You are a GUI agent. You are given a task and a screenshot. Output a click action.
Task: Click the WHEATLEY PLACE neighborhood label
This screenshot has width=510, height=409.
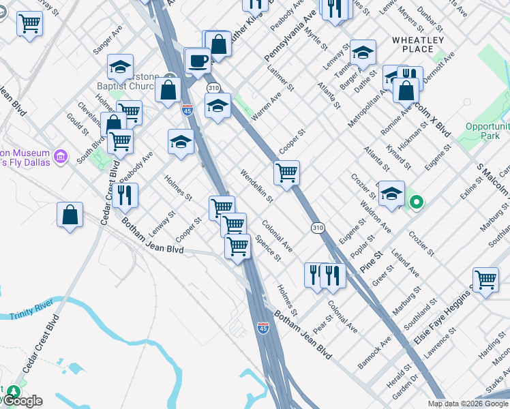coord(418,44)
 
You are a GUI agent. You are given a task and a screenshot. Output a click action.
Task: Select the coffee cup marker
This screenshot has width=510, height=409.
coord(198,60)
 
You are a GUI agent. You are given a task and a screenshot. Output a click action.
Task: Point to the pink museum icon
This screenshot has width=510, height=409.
coord(61,157)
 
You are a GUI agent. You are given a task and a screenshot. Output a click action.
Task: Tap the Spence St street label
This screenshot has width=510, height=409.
coord(268,248)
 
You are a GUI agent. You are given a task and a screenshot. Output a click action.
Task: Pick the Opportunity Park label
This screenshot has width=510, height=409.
coord(487,131)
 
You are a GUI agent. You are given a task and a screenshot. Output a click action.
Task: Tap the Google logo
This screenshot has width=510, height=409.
coord(24,400)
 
